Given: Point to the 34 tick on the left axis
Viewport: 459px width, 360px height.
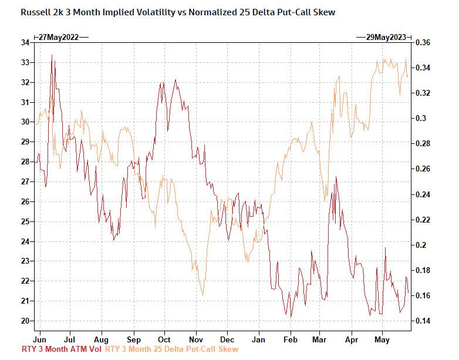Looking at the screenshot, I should pyautogui.click(x=25, y=42).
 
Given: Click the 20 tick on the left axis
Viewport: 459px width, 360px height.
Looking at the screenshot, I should pyautogui.click(x=25, y=321).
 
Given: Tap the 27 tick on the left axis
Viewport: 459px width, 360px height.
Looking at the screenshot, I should pyautogui.click(x=25, y=181).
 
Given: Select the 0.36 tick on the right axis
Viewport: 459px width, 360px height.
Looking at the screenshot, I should pyautogui.click(x=423, y=42).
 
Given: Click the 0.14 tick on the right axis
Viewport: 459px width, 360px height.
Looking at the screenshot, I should pyautogui.click(x=423, y=321).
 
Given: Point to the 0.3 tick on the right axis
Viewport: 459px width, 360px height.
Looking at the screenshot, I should pyautogui.click(x=420, y=118).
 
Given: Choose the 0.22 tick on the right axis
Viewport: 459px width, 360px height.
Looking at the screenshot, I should pyautogui.click(x=423, y=220).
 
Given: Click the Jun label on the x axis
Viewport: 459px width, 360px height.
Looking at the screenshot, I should pyautogui.click(x=40, y=339).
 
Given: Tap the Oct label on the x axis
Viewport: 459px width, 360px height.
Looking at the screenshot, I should pyautogui.click(x=164, y=339).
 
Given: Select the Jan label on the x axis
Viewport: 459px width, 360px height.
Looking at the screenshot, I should pyautogui.click(x=258, y=339).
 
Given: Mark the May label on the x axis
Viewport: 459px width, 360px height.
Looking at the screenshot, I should pyautogui.click(x=382, y=339).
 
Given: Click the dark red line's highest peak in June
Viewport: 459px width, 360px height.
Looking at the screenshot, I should pyautogui.click(x=52, y=55).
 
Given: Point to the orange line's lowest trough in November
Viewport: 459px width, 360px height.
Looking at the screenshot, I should pyautogui.click(x=203, y=295).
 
